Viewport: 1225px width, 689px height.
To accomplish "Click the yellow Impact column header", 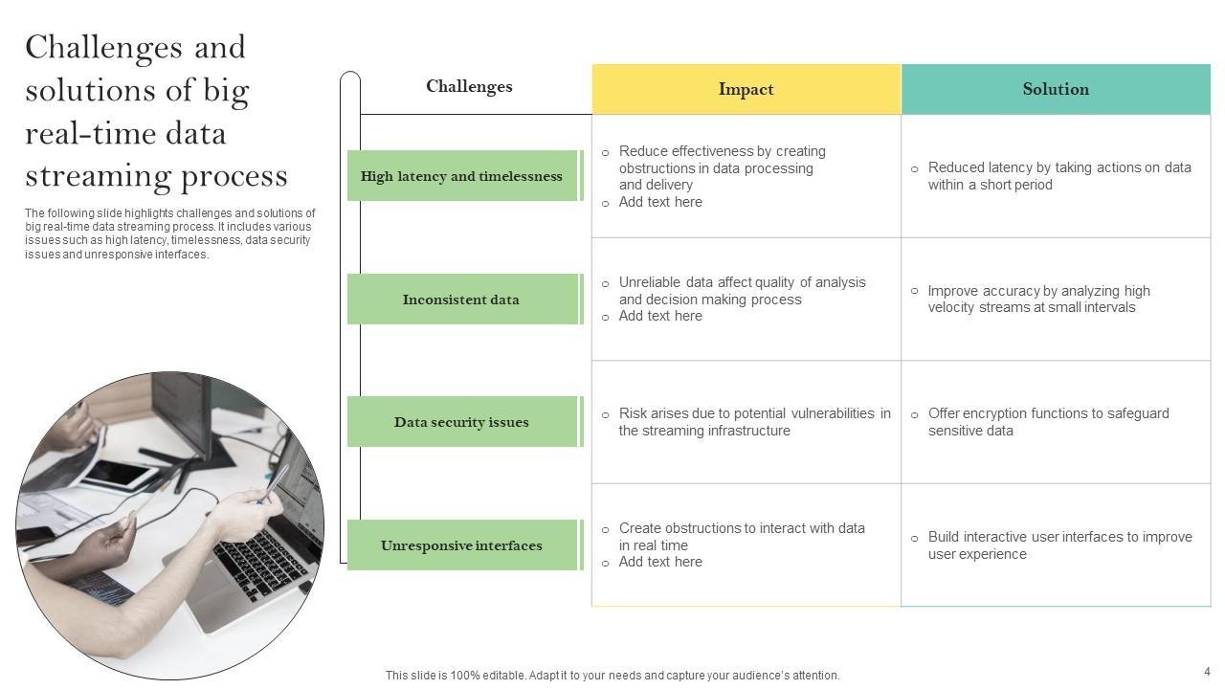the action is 746,89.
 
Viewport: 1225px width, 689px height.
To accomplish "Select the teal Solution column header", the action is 1056,89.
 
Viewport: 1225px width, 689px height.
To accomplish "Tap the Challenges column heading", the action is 469,87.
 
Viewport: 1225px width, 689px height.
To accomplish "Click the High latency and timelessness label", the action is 461,176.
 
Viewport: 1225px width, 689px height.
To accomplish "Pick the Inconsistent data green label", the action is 461,300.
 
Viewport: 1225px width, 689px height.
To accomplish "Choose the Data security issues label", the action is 461,422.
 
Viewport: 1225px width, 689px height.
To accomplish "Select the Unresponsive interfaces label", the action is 461,545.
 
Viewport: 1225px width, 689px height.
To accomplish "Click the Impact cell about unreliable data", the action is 742,291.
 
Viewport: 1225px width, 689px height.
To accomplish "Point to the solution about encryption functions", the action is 1048,422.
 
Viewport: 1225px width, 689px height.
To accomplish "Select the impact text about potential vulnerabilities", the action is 754,422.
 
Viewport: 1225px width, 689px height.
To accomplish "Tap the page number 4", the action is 1207,672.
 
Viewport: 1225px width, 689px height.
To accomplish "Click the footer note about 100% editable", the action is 612,676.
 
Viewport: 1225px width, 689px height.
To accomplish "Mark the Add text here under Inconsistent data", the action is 660,316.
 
